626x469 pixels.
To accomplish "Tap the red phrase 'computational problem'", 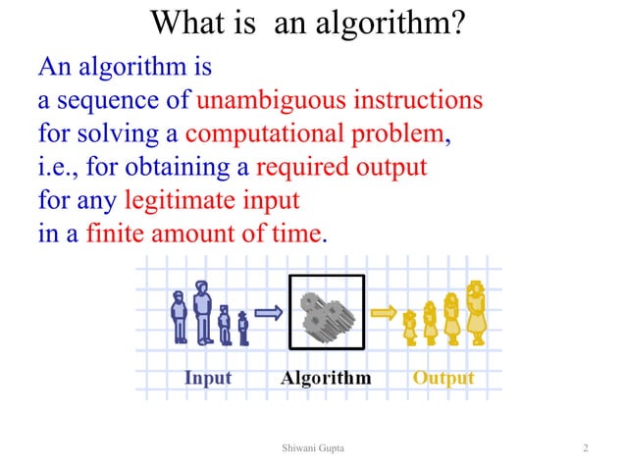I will coord(314,133).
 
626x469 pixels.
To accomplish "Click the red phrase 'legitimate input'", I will coord(211,201).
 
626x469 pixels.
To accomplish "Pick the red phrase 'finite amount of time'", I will coord(203,234).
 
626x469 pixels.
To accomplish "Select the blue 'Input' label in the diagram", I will coord(207,378).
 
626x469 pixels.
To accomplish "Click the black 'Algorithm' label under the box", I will coord(326,378).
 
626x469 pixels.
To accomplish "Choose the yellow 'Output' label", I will coord(443,378).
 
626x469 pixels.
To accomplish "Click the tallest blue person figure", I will coord(203,311).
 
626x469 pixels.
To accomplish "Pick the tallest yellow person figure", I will coord(477,312).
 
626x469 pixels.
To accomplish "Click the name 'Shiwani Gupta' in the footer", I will coord(312,448).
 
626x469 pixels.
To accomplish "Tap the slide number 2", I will coord(585,448).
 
